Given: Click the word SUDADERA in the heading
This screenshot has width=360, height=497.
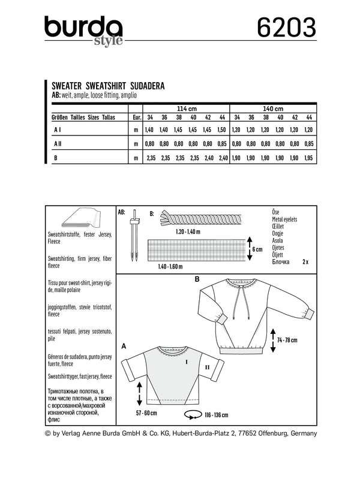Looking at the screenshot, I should coord(144,86).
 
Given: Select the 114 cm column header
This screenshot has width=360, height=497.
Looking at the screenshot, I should coord(187,109).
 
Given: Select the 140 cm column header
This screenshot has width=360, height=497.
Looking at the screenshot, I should coord(274,109).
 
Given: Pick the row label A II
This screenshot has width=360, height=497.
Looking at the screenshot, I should coord(59,144).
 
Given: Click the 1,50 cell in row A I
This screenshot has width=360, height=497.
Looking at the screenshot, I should coord(223,130).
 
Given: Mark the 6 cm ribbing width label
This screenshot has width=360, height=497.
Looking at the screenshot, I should coord(256,249).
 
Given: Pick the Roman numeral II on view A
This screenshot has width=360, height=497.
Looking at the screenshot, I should coord(206,365).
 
